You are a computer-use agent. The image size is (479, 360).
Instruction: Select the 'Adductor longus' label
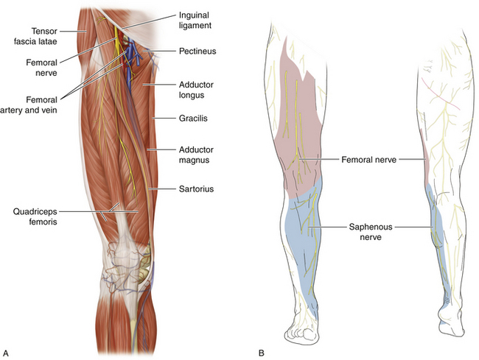197,91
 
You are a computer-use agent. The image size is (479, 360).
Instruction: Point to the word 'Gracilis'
195,118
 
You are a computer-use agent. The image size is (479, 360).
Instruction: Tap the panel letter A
6,353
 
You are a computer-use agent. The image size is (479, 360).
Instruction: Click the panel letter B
262,353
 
